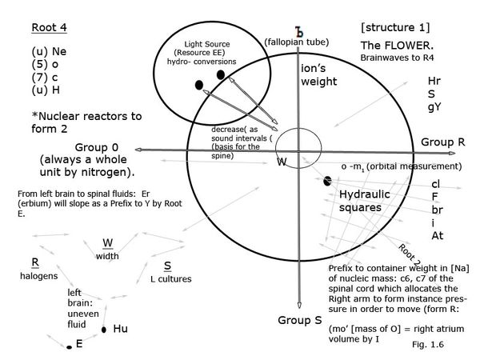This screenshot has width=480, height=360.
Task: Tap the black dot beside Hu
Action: point(104,330)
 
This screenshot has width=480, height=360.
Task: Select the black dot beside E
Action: point(70,347)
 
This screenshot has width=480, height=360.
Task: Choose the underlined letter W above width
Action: point(108,243)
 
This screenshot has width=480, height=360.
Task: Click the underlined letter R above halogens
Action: point(34,262)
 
